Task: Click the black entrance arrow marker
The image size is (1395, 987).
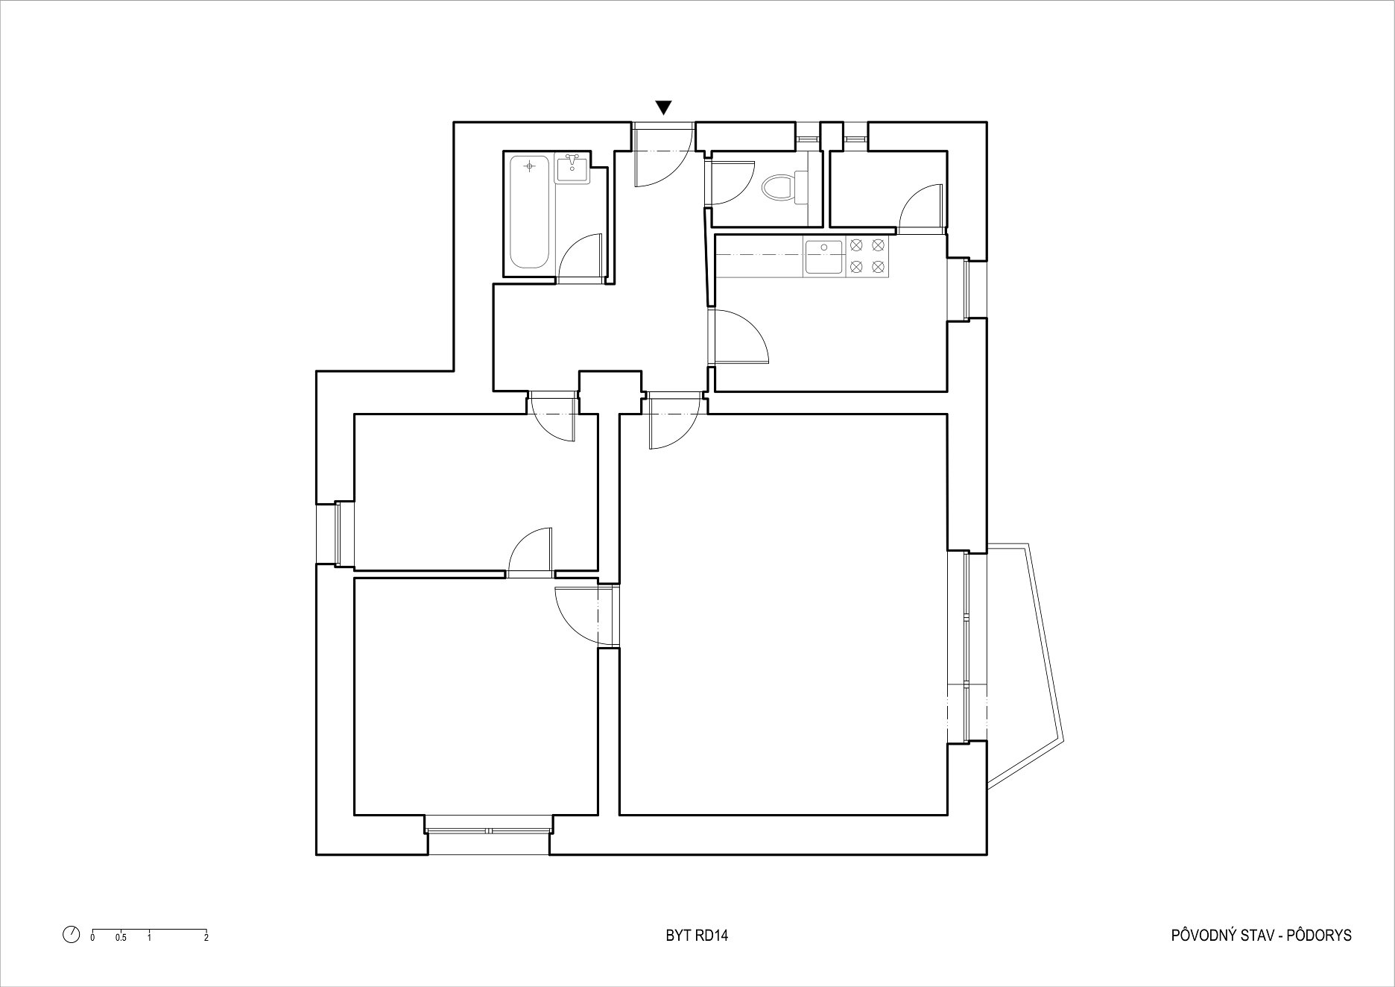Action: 664,107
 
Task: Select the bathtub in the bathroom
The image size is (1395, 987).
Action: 530,212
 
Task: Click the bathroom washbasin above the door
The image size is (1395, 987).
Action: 572,168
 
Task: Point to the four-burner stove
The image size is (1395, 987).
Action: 867,255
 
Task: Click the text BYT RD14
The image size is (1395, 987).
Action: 697,936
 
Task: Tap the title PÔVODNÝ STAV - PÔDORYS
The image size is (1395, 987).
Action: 1261,935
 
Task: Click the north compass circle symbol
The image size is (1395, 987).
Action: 72,935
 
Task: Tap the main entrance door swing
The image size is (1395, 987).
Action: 662,156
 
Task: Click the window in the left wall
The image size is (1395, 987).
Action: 335,534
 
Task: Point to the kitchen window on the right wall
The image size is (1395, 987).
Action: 967,289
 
